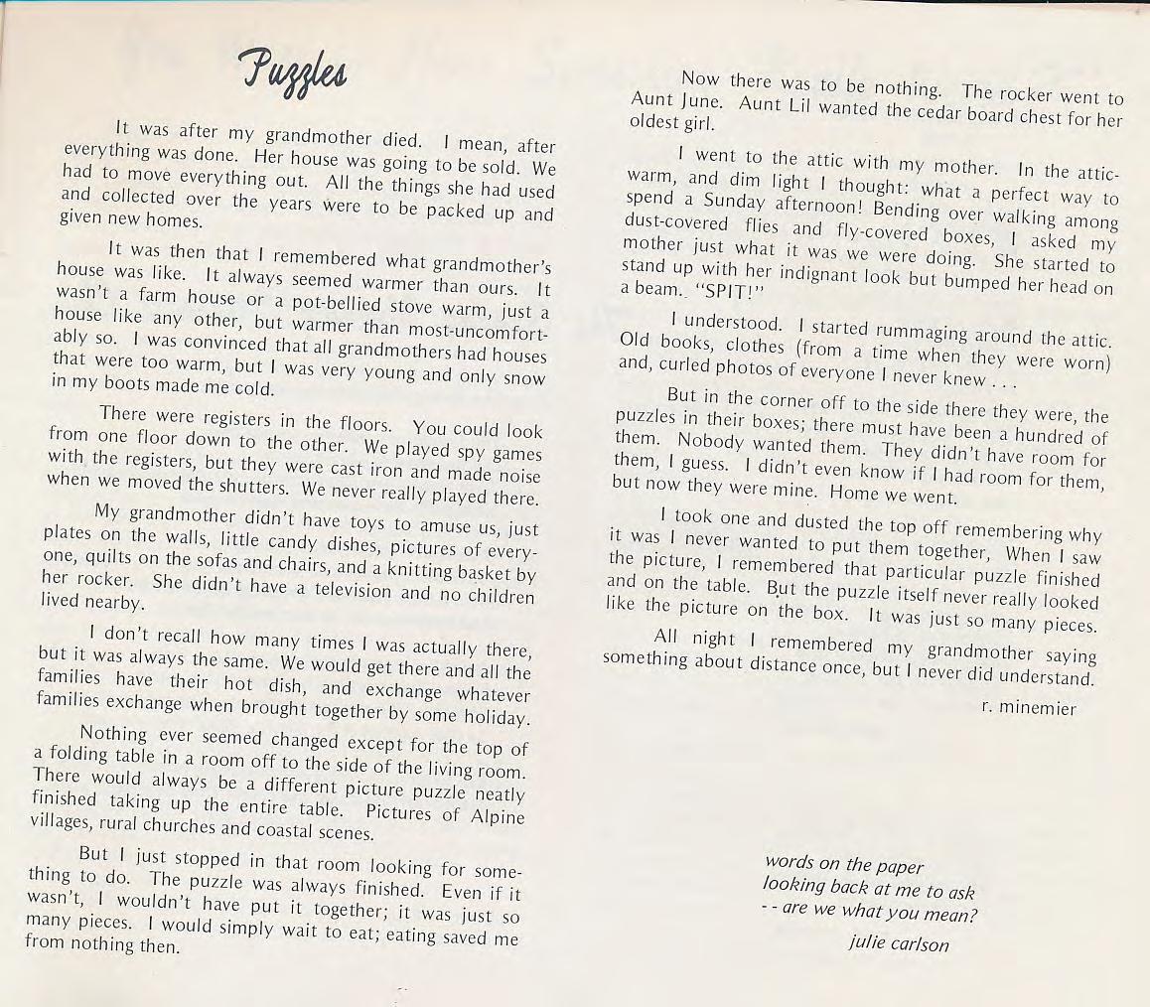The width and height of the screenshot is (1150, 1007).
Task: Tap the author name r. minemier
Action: pyautogui.click(x=1028, y=708)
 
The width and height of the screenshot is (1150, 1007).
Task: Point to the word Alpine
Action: pyautogui.click(x=494, y=816)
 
